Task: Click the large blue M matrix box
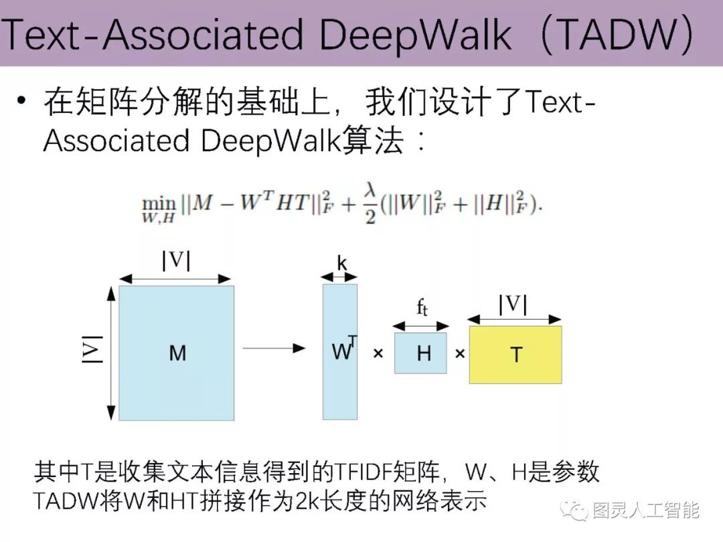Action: (x=176, y=353)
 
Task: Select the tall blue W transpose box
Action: (x=339, y=352)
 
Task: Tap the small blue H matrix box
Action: (x=420, y=353)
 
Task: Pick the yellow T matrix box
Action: (x=515, y=355)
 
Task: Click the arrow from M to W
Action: (x=273, y=348)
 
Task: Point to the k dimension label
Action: (x=341, y=264)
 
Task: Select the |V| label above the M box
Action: (x=176, y=260)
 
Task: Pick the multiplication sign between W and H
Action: (x=378, y=353)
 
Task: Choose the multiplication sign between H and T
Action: (x=459, y=353)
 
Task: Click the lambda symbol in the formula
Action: (x=370, y=192)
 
